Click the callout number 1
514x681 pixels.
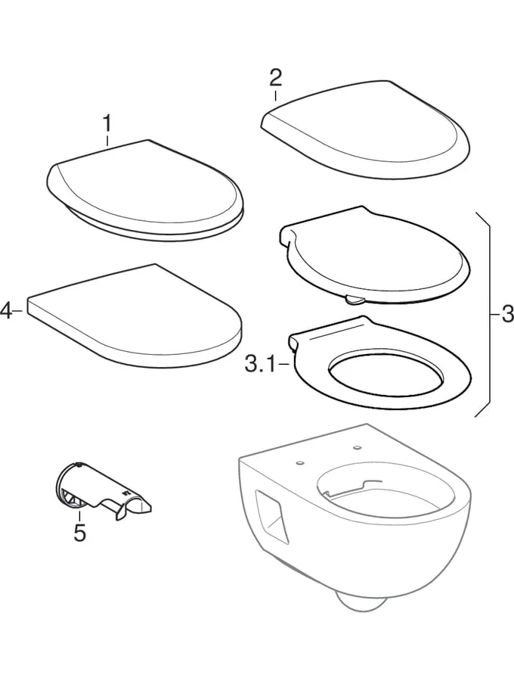point(107,123)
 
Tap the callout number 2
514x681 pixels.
point(275,77)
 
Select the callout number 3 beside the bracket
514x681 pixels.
point(507,313)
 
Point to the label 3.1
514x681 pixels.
point(260,365)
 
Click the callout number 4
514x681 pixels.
point(6,311)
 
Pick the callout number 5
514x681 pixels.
point(79,533)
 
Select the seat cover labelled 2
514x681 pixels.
point(365,129)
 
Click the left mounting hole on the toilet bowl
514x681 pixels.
point(299,463)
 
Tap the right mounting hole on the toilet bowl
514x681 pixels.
point(358,447)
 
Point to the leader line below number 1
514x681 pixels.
point(107,140)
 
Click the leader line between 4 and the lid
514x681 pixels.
point(17,311)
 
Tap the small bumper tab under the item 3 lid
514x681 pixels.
point(355,298)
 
